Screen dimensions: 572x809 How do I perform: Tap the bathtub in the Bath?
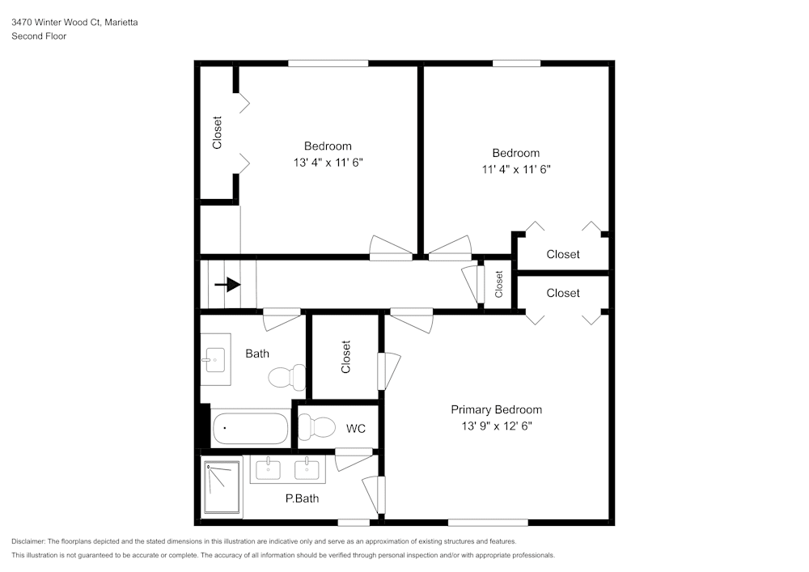(250, 429)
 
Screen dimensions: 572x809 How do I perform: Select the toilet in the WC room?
(316, 426)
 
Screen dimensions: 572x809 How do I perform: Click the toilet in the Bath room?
(287, 377)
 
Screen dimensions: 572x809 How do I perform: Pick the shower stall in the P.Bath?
(222, 487)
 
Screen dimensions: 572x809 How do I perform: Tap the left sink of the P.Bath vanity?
(268, 468)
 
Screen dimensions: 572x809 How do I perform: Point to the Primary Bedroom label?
(496, 409)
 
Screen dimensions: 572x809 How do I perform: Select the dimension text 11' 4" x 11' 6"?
(515, 169)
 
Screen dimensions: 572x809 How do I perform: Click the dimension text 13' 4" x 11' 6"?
(328, 162)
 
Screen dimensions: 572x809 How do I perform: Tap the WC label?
(356, 428)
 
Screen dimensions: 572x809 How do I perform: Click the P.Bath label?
(302, 498)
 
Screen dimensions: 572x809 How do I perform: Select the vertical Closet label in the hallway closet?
(498, 284)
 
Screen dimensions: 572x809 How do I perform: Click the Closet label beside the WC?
(346, 357)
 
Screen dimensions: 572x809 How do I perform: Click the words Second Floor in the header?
(39, 36)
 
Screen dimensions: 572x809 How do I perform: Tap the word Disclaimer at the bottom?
(29, 541)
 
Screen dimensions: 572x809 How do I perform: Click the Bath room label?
(257, 354)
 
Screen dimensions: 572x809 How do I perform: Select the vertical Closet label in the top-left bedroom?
(217, 133)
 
